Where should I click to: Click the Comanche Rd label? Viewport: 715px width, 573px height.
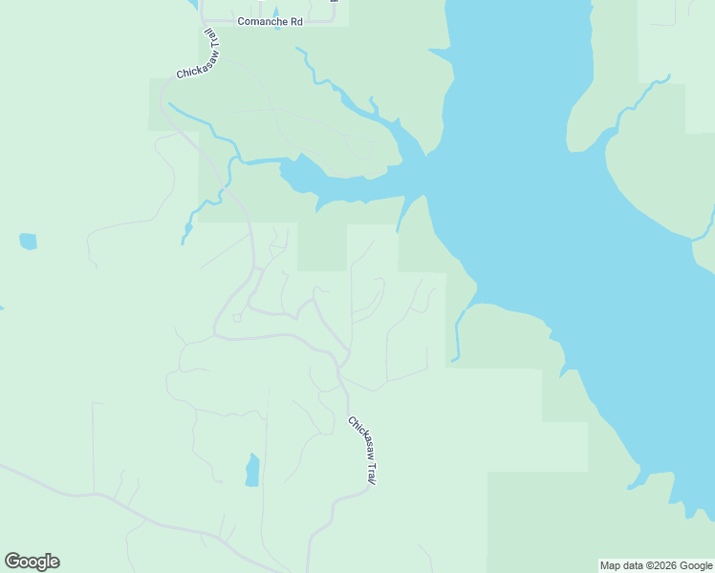point(270,21)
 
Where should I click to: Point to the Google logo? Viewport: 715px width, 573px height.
point(32,562)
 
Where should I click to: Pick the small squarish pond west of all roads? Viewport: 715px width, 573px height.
point(28,241)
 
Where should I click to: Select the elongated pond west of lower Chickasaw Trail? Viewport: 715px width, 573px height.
point(252,470)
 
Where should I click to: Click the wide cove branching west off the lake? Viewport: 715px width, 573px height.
point(306,175)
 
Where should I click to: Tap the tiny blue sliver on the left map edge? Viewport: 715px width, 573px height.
point(2,308)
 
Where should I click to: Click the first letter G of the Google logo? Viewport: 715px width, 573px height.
point(12,562)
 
